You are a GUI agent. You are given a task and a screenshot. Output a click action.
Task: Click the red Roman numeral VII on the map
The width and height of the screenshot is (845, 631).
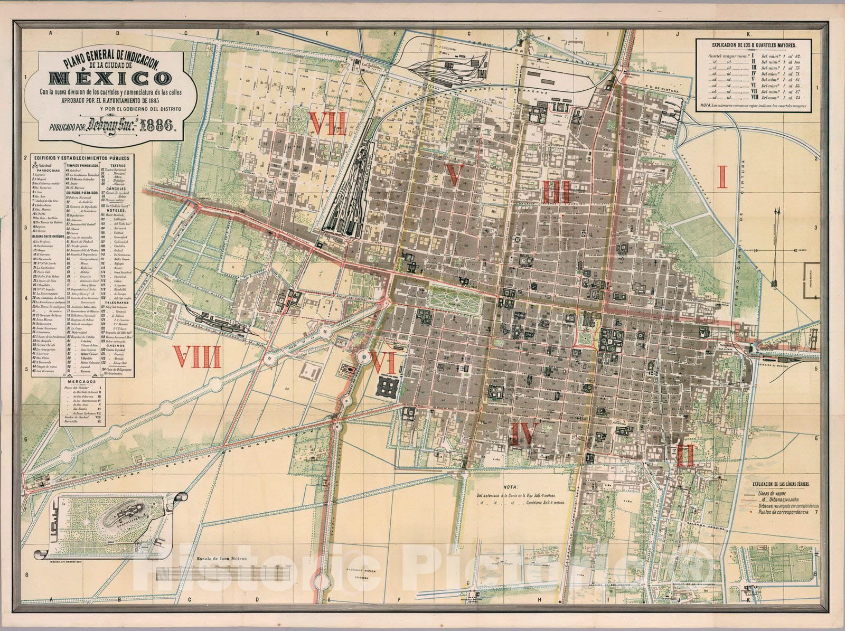pyautogui.click(x=327, y=125)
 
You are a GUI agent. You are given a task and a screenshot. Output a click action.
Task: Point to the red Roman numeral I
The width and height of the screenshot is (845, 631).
pyautogui.click(x=722, y=176)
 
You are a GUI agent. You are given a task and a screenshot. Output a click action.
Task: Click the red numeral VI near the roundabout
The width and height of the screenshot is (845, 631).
pyautogui.click(x=384, y=363)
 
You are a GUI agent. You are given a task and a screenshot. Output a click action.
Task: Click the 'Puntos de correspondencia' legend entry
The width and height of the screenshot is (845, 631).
pyautogui.click(x=782, y=512)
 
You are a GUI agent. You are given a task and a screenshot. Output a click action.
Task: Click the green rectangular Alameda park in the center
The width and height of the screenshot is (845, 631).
pyautogui.click(x=455, y=298)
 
